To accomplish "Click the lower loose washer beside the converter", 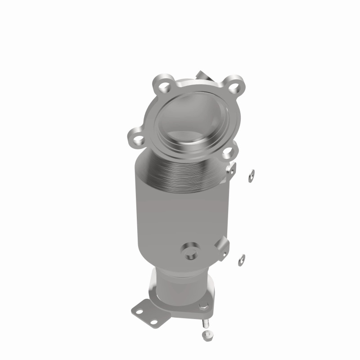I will tap(242, 259).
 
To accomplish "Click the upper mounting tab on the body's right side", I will tap(231, 168).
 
